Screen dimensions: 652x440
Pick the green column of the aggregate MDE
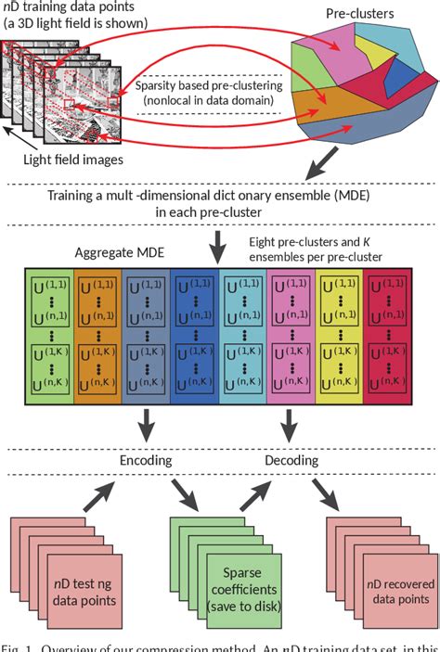click(x=48, y=339)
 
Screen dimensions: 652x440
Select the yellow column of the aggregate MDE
click(x=341, y=339)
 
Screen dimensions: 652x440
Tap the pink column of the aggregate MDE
click(x=292, y=339)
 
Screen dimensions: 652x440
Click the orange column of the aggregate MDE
click(x=97, y=339)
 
